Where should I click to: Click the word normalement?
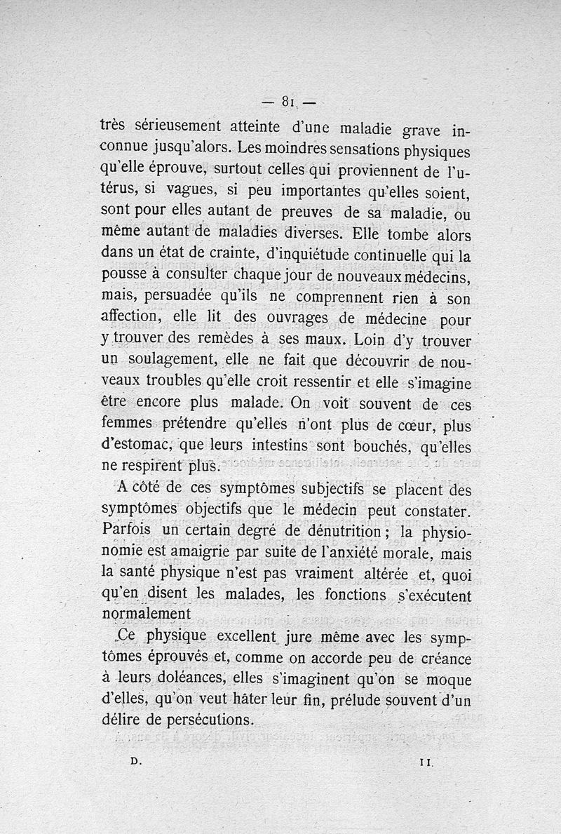(145, 614)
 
